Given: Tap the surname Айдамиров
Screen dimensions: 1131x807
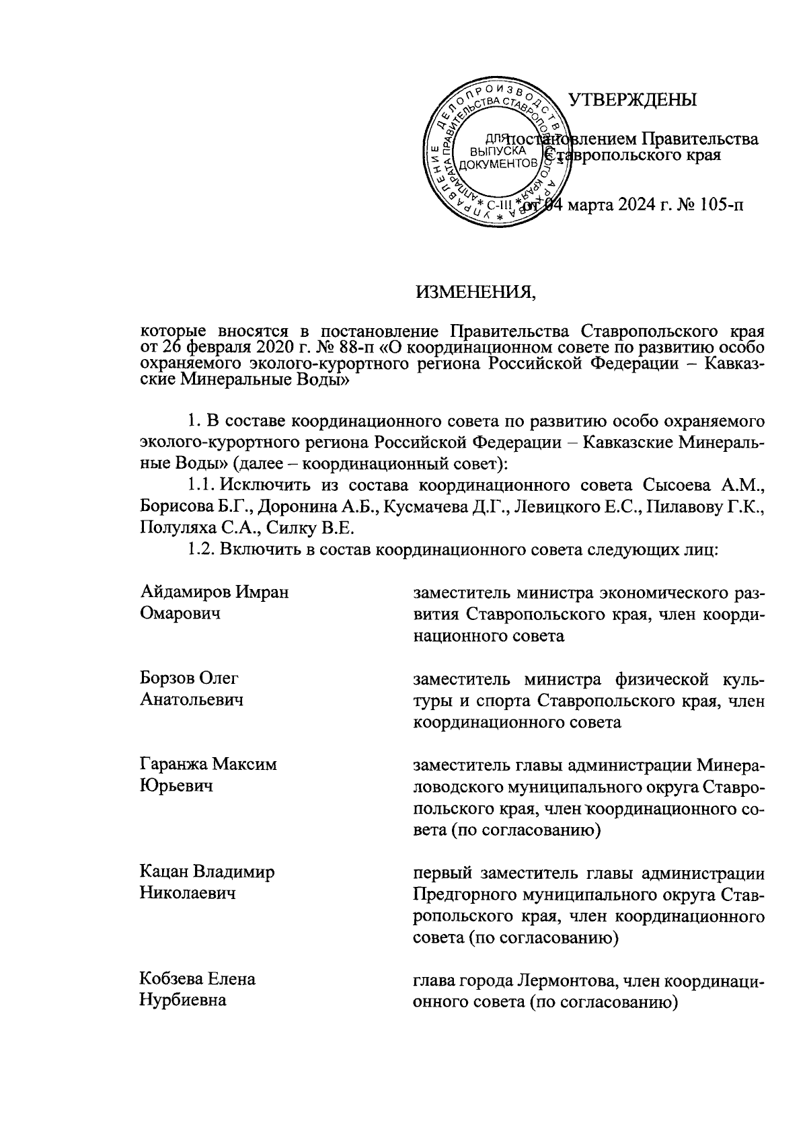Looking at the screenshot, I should [186, 592].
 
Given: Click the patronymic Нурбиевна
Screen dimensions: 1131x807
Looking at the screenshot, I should [183, 1001].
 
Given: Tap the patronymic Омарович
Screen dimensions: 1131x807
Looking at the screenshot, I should [181, 614].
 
